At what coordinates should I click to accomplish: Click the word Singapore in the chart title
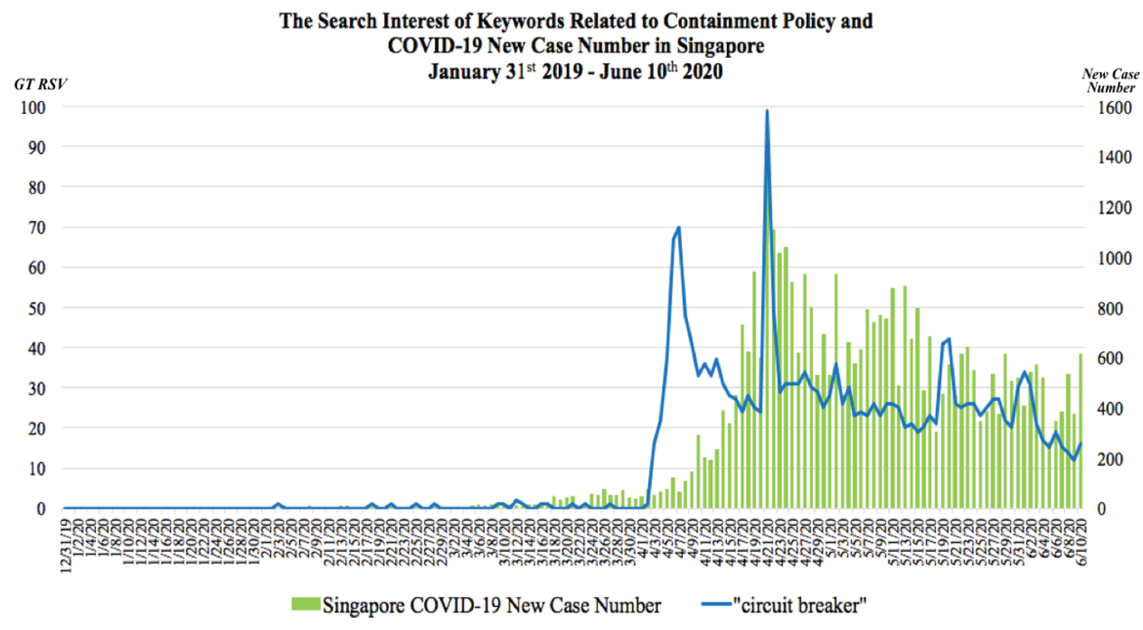(720, 46)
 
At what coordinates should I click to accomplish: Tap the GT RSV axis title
(40, 84)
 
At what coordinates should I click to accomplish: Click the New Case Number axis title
(1111, 81)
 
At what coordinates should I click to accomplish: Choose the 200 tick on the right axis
(1111, 459)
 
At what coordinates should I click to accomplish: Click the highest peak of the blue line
(767, 111)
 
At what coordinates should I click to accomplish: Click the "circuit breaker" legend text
(800, 605)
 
